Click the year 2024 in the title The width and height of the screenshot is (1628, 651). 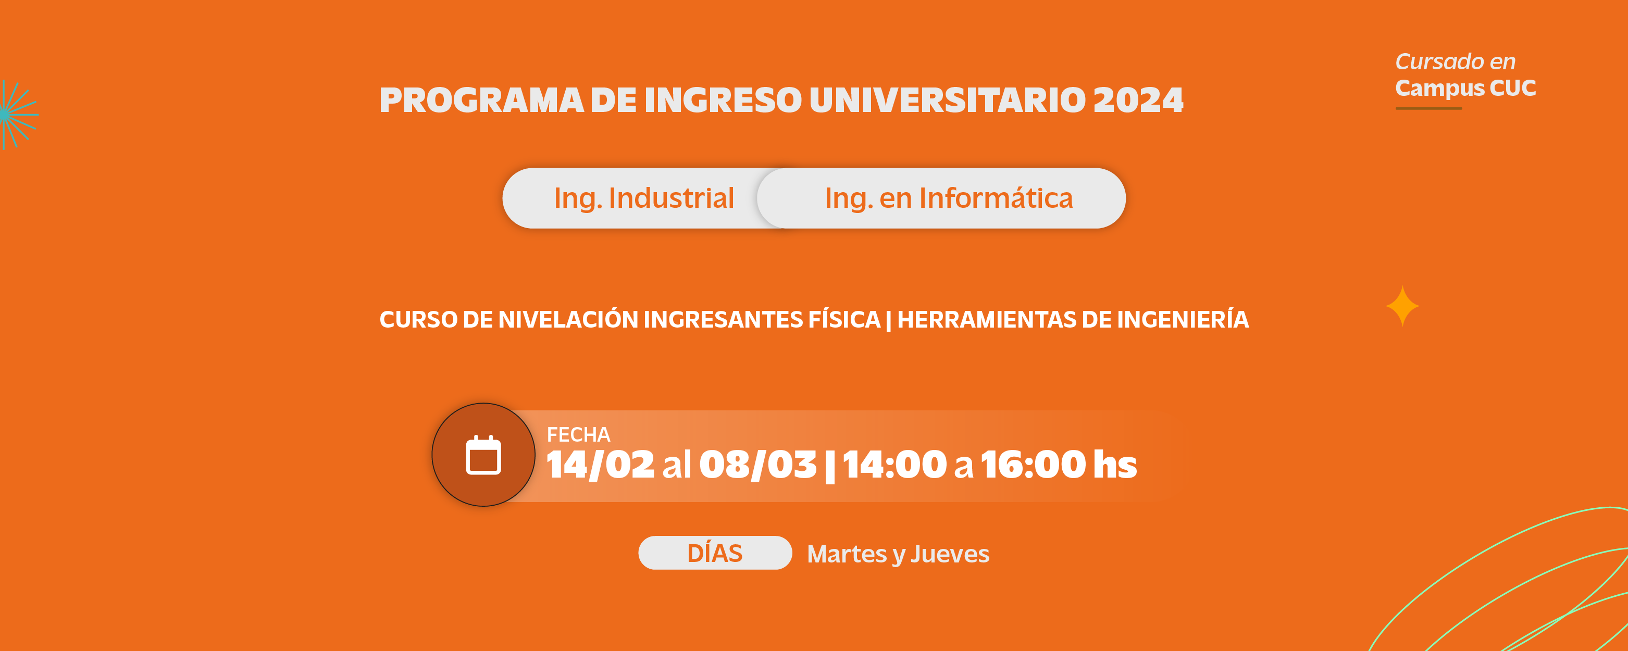click(1138, 100)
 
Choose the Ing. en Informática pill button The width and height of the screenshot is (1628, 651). click(942, 198)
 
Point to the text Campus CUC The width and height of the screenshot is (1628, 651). click(1465, 89)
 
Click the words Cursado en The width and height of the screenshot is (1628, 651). click(1455, 61)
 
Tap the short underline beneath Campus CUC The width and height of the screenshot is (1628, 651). click(1428, 108)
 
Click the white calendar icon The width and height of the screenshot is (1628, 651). click(483, 455)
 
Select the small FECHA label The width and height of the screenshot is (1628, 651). click(578, 434)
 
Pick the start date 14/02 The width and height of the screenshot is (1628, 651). click(600, 465)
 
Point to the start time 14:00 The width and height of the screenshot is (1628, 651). click(894, 465)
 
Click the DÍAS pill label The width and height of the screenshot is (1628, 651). click(715, 553)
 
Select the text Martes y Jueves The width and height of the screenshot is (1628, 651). click(898, 554)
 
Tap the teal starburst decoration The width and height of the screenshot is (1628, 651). click(18, 115)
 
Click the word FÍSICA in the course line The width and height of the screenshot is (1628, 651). click(844, 319)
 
